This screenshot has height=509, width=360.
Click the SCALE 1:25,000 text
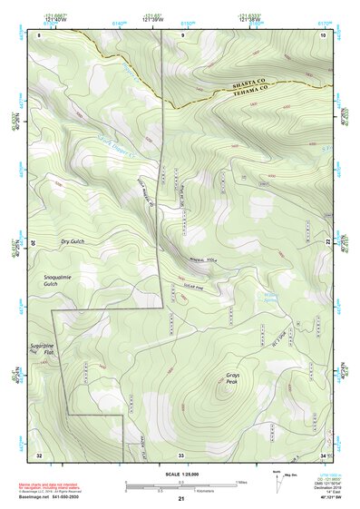(x=180, y=473)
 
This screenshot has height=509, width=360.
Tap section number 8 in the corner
(x=39, y=34)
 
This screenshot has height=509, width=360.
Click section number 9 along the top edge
(x=181, y=34)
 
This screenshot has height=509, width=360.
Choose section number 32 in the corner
(x=39, y=454)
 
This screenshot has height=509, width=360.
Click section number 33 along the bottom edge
(x=181, y=454)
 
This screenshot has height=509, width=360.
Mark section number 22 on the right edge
(x=326, y=242)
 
